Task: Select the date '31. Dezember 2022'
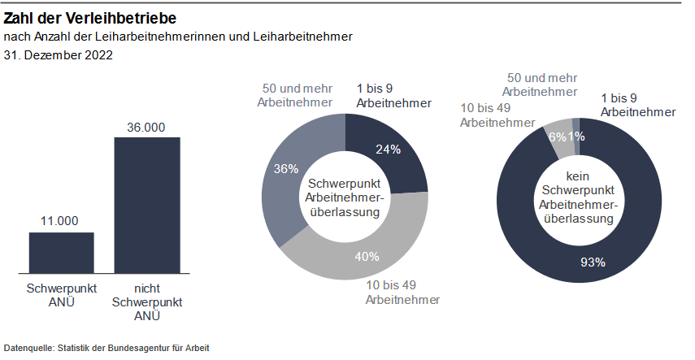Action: coord(58,56)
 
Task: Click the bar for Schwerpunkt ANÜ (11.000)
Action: coord(62,252)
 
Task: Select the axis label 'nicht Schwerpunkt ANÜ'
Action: coord(146,302)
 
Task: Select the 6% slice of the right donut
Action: coord(558,136)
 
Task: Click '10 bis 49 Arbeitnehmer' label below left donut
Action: coord(403,293)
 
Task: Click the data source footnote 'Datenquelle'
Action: coord(106,347)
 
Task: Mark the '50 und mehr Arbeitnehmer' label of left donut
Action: coord(295,95)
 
